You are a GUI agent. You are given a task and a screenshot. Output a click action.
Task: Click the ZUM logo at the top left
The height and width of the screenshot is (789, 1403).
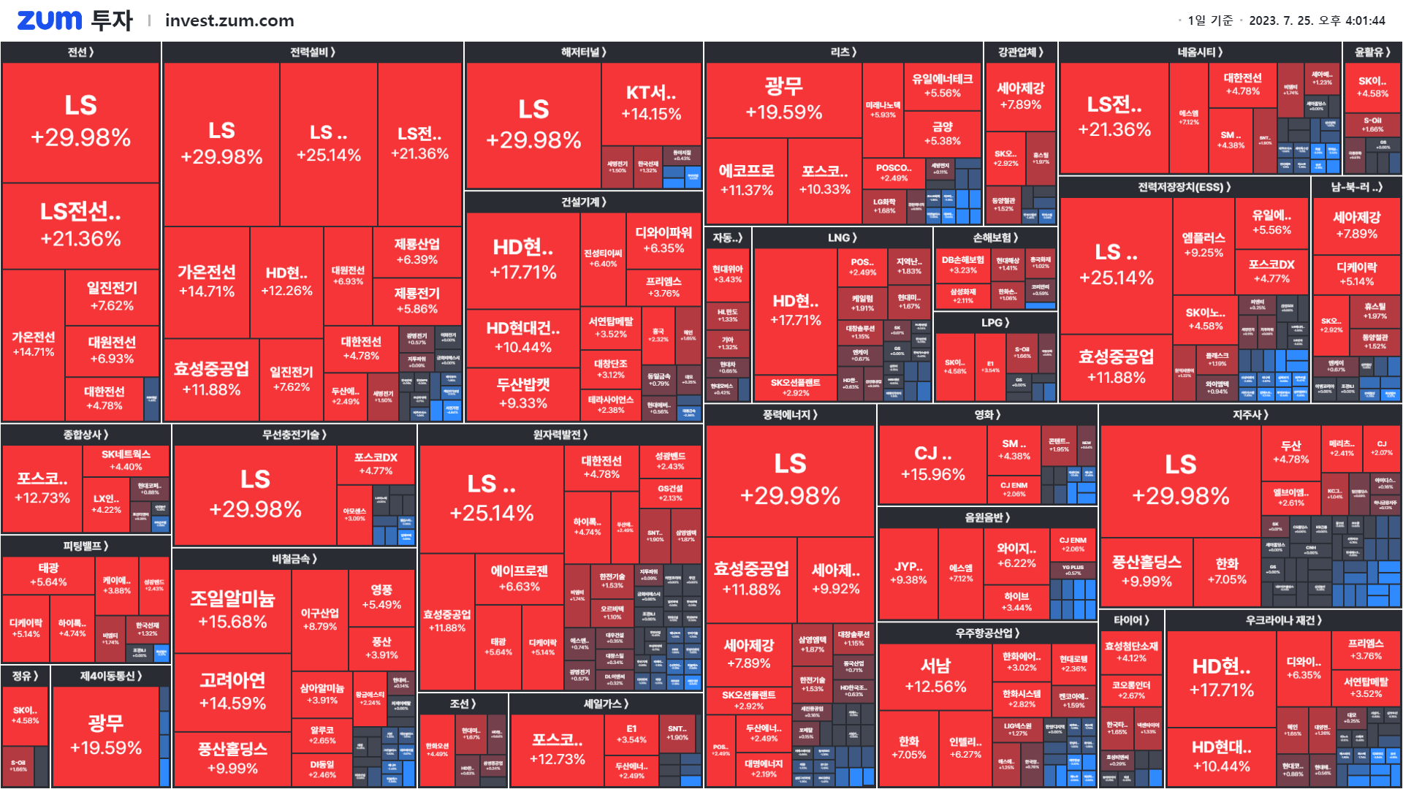click(49, 20)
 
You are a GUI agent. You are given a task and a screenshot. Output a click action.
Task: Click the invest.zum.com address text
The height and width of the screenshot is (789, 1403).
click(229, 20)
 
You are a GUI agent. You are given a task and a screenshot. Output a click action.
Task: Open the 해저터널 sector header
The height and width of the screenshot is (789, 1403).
click(583, 52)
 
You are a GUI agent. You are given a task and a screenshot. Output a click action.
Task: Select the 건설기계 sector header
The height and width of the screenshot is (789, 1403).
click(583, 202)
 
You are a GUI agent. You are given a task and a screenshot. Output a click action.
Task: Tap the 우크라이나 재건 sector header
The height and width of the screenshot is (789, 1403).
click(1283, 620)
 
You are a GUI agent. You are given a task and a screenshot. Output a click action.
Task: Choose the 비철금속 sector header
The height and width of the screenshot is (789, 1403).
click(294, 559)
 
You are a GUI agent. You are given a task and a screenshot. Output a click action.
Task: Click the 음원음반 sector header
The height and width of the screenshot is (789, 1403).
click(987, 517)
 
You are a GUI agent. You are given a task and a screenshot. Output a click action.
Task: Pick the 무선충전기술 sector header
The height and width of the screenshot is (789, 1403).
click(294, 435)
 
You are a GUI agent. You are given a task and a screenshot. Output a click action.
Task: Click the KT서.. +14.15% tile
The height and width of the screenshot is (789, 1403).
click(651, 103)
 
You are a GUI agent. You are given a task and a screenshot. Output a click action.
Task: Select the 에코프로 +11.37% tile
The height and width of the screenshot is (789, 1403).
click(746, 180)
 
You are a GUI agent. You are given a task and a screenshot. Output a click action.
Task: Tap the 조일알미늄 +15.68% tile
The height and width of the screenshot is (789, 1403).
click(232, 610)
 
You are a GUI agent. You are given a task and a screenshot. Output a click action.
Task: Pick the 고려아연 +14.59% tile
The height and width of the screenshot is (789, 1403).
click(232, 691)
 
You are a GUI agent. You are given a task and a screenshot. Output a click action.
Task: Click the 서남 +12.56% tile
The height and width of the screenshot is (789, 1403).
click(935, 676)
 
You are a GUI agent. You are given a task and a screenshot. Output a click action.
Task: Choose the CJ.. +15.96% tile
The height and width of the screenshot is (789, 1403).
click(933, 463)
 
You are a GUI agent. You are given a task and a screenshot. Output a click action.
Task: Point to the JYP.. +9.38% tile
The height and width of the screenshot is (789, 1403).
click(908, 573)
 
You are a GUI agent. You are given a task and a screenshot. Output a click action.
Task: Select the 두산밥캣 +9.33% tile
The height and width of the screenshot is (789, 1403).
click(523, 393)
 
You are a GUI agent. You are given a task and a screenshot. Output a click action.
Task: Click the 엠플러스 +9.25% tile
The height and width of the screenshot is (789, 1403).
click(1203, 245)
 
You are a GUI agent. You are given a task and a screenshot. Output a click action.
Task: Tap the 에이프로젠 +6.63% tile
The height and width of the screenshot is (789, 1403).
click(519, 578)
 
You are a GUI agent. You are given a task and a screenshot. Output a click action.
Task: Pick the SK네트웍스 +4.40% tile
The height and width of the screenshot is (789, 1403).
click(126, 460)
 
